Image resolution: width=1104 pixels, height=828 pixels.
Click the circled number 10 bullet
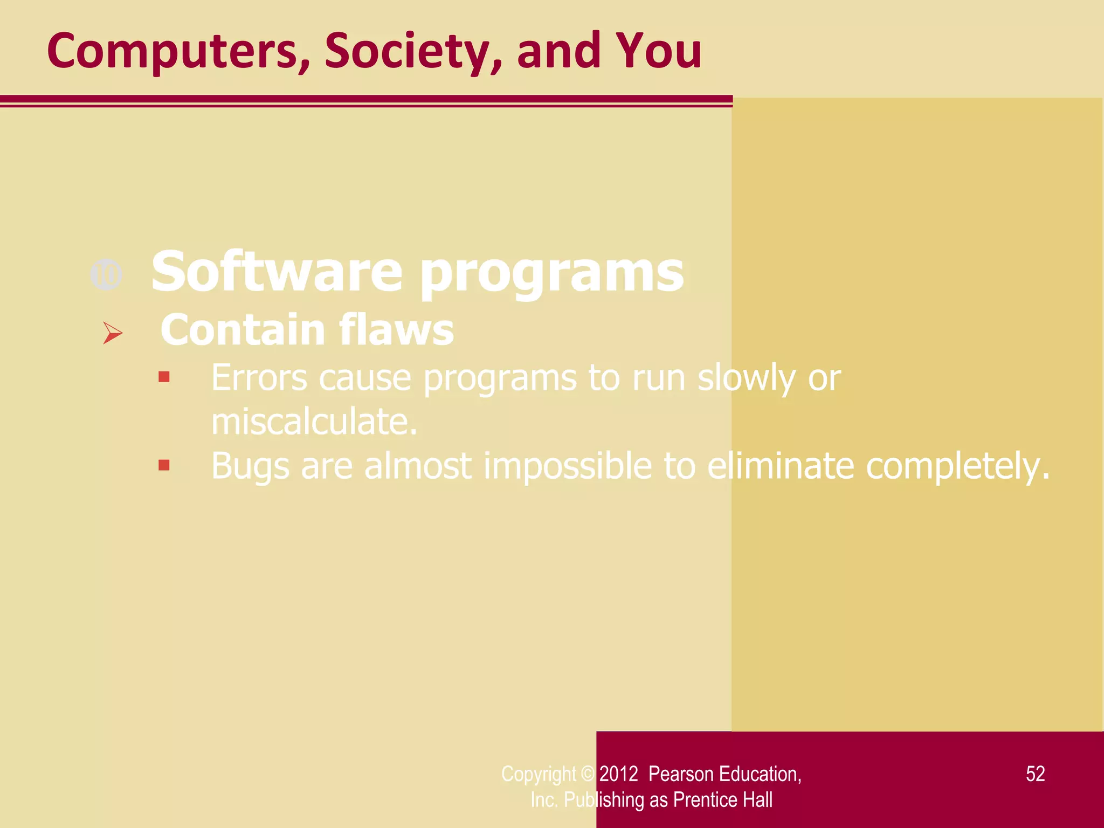(x=106, y=275)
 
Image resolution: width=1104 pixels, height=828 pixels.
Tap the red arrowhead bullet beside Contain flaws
(x=113, y=333)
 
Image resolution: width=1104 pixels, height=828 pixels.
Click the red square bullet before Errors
(x=164, y=377)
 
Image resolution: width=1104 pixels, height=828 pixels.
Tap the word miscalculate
(x=314, y=422)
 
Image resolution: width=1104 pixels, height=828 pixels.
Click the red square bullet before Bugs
(x=164, y=465)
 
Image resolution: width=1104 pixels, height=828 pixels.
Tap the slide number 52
(x=1035, y=774)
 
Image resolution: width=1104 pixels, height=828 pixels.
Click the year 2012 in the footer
(x=618, y=774)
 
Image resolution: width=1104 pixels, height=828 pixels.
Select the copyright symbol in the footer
(x=588, y=774)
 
